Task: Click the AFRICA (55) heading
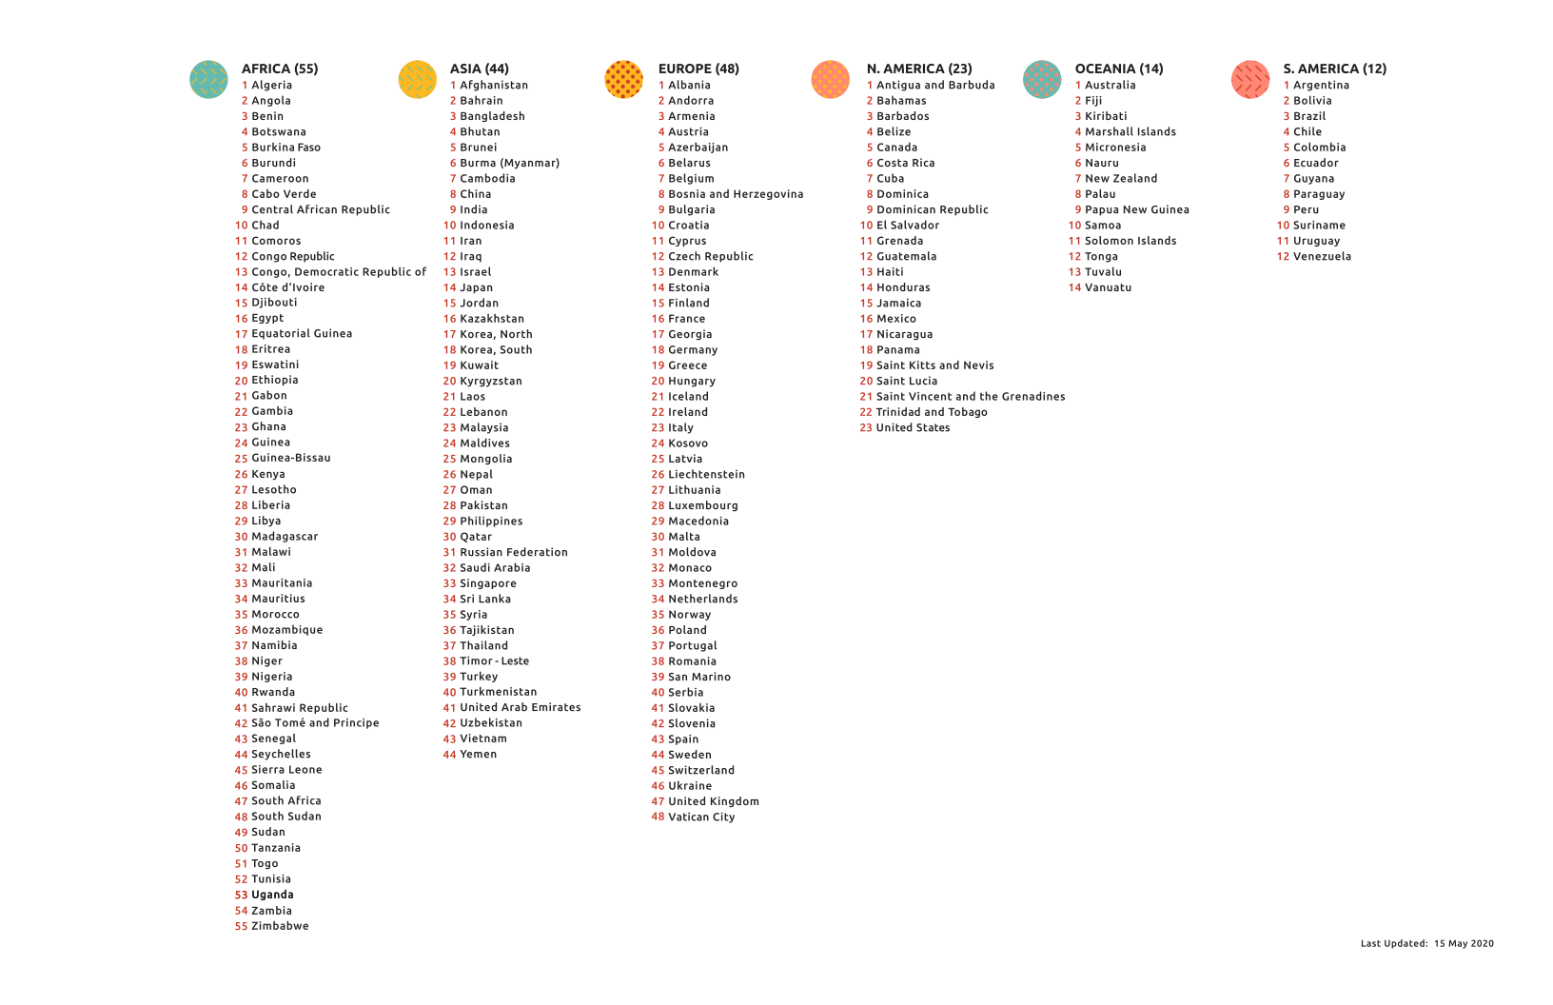pyautogui.click(x=280, y=69)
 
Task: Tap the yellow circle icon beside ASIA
pyautogui.click(x=417, y=79)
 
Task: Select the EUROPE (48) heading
pyautogui.click(x=698, y=69)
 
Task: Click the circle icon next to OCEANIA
pyautogui.click(x=1042, y=79)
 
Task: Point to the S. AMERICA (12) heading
pyautogui.click(x=1334, y=69)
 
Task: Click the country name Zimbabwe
pyautogui.click(x=280, y=926)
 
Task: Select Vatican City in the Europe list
pyautogui.click(x=701, y=817)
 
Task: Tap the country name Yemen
pyautogui.click(x=478, y=755)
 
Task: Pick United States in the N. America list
pyautogui.click(x=913, y=428)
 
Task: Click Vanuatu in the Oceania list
pyautogui.click(x=1108, y=287)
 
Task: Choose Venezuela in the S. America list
pyautogui.click(x=1322, y=257)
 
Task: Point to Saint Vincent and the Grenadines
pyautogui.click(x=971, y=397)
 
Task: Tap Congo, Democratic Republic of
pyautogui.click(x=339, y=272)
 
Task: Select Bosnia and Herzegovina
pyautogui.click(x=736, y=194)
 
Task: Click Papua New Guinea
pyautogui.click(x=1137, y=210)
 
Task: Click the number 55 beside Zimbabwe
pyautogui.click(x=241, y=926)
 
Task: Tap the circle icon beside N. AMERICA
pyautogui.click(x=831, y=79)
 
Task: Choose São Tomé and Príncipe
pyautogui.click(x=315, y=723)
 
